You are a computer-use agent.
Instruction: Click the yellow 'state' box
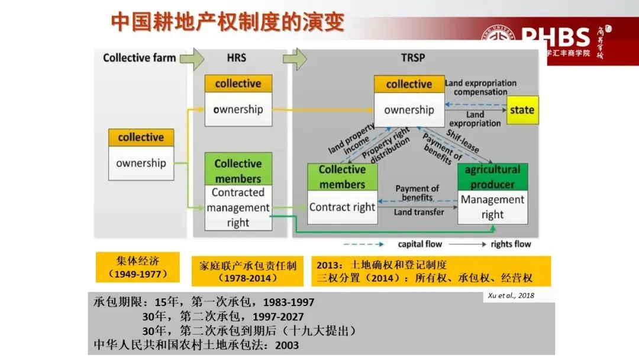click(522, 110)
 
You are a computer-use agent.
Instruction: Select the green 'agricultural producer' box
click(492, 176)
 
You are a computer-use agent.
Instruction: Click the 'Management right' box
click(492, 207)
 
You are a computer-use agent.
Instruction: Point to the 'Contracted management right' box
click(238, 208)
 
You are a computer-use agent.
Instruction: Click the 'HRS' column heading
click(236, 58)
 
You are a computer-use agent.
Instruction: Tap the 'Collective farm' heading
click(140, 58)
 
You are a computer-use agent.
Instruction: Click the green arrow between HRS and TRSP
click(295, 58)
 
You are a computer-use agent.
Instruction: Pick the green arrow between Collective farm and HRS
click(191, 58)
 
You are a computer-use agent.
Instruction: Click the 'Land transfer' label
click(419, 213)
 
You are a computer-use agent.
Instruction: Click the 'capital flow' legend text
click(419, 244)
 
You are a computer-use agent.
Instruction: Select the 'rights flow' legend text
click(511, 244)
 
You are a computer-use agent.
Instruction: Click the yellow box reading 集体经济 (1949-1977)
click(138, 268)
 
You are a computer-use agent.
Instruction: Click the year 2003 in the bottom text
click(287, 345)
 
